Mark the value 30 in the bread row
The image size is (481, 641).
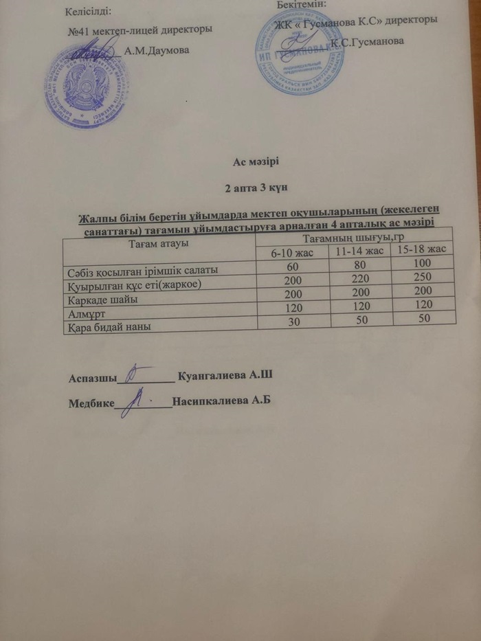(293, 324)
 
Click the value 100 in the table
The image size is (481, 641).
(421, 262)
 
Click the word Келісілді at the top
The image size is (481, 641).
(88, 12)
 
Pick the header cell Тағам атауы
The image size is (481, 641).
(158, 243)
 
